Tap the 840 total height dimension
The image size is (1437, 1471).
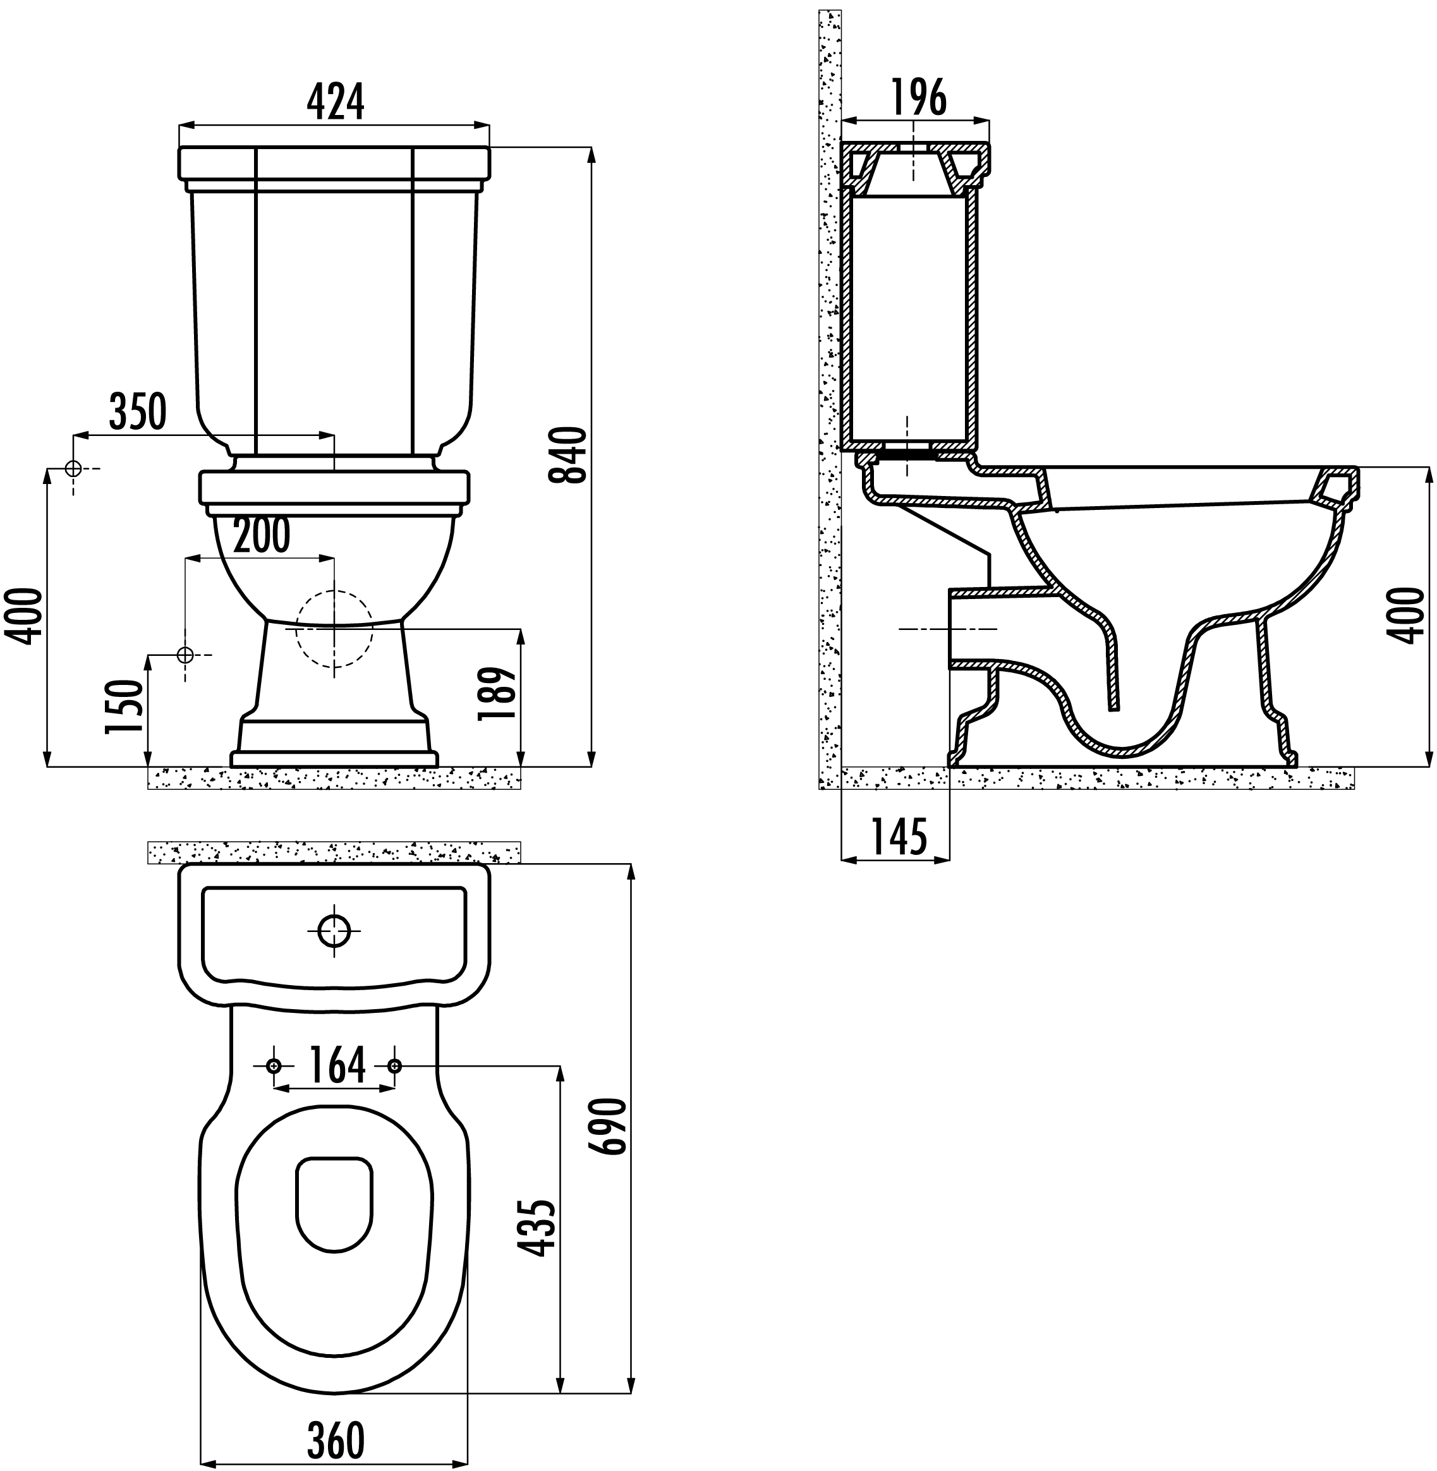(x=567, y=455)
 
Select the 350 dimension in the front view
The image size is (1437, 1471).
(x=137, y=412)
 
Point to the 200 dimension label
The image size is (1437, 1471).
(x=261, y=536)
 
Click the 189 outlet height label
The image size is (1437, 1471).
(x=497, y=694)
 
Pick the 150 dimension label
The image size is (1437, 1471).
(x=124, y=706)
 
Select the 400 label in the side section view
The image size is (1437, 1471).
(x=1409, y=617)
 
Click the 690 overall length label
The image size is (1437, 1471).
(x=609, y=1126)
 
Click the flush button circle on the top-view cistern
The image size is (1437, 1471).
(x=334, y=931)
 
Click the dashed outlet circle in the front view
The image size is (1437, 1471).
(x=334, y=629)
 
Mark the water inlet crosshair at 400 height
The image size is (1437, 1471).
(x=73, y=469)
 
